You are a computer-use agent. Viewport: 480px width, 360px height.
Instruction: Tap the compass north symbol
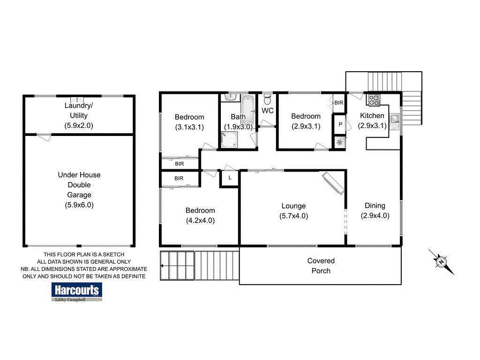coord(441,262)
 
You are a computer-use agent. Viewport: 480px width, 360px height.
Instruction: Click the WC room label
coord(268,111)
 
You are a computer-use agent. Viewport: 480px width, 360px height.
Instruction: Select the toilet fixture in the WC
coord(268,99)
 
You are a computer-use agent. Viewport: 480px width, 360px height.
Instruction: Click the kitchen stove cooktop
coord(374,99)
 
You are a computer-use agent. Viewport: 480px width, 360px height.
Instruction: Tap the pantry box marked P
coord(339,125)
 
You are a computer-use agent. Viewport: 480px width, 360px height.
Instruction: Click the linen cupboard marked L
coord(230,178)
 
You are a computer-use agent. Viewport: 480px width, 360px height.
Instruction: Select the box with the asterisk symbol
coord(339,142)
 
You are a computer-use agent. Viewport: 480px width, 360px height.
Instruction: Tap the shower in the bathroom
coord(229,139)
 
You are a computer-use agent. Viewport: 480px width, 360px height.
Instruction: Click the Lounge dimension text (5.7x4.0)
coord(293,216)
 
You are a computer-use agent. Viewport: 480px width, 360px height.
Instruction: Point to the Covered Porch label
coord(321,266)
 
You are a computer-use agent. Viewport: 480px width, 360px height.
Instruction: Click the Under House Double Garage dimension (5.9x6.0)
coord(79,205)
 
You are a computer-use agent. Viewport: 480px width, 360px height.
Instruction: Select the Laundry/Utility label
coord(79,110)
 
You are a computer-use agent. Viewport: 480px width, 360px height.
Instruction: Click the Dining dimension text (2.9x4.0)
coord(375,216)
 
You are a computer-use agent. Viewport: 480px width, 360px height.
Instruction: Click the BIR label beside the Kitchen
coord(338,102)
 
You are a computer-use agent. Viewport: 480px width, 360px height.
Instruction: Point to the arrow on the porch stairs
coord(162,266)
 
